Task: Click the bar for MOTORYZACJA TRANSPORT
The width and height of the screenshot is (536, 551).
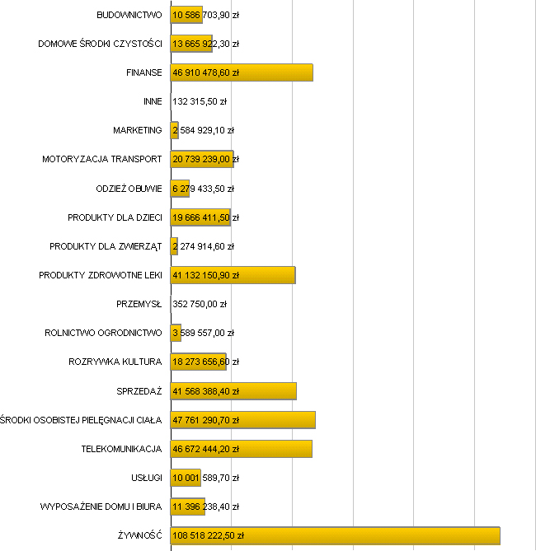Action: tap(202, 159)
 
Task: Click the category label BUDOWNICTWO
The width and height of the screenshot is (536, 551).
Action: tap(129, 15)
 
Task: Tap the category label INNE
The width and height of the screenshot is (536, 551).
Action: tap(153, 101)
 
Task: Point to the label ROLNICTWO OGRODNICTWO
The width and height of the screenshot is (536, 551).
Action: tap(103, 333)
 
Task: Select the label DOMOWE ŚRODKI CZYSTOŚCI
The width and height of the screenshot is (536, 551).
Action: tap(100, 44)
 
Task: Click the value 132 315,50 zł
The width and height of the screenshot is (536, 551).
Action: tap(200, 101)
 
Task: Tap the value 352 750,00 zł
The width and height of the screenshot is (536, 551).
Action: tap(200, 304)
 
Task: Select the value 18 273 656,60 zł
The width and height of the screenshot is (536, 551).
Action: tap(206, 362)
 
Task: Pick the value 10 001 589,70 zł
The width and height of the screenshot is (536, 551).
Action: tap(206, 478)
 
